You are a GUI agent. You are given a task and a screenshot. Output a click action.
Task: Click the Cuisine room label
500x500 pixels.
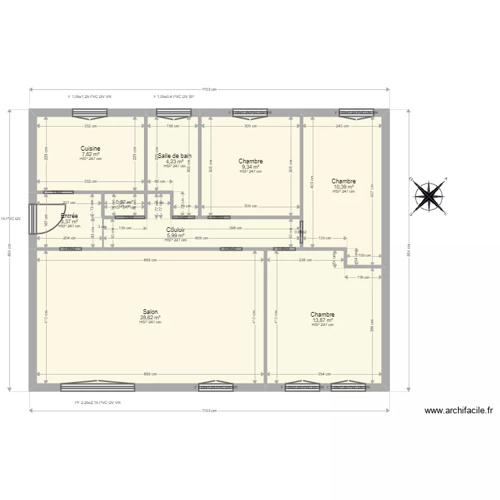coord(90,148)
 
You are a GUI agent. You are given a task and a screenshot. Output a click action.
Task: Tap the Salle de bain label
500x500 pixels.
coord(175,156)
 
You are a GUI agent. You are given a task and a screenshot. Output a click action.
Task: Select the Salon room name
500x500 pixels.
coord(150,311)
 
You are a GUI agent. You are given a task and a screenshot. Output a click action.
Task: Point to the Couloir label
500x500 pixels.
coord(175,230)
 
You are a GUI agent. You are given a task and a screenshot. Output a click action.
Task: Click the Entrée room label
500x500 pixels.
coord(69,216)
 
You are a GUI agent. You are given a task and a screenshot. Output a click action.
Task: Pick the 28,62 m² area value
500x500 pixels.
coord(150,317)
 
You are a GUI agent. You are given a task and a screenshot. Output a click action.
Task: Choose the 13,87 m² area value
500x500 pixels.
coord(322,320)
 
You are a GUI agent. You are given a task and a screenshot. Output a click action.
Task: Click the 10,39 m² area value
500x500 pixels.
coord(343,187)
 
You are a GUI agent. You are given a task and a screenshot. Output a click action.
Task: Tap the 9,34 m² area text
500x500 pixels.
coord(251,167)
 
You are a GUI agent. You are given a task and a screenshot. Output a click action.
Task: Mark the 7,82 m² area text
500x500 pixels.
coord(90,153)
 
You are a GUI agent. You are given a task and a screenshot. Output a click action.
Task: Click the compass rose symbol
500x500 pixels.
coord(429,197)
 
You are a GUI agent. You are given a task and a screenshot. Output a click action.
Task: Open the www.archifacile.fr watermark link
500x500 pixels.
coord(457,411)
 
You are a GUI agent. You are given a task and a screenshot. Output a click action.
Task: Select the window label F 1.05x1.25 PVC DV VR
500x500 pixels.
coord(90,97)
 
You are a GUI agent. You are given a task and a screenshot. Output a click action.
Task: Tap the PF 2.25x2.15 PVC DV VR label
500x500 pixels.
coord(97,403)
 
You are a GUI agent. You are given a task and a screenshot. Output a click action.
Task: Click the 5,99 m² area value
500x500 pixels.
coord(175,235)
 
